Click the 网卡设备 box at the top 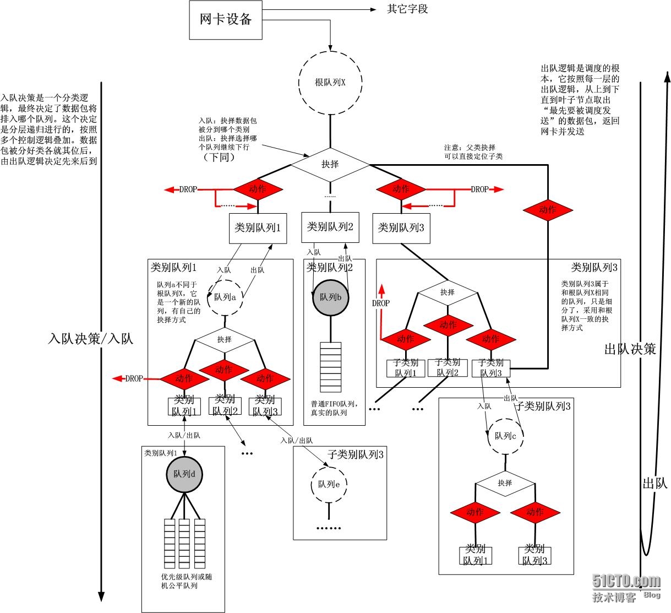click(226, 20)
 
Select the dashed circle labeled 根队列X click(330, 83)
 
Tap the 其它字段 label click(407, 9)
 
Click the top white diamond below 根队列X click(330, 164)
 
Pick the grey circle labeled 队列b click(331, 297)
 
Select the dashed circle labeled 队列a click(225, 297)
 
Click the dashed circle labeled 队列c click(505, 436)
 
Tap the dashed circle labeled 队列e click(329, 485)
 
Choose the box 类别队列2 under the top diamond click(330, 227)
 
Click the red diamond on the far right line click(548, 209)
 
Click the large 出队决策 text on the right click(630, 349)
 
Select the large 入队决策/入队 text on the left click(91, 338)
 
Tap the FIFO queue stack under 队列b click(331, 367)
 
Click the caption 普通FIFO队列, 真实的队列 click(332, 408)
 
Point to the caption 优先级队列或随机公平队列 click(186, 581)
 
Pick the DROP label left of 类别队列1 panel click(134, 378)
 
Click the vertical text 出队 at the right click(654, 483)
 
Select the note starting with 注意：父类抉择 click(473, 152)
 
